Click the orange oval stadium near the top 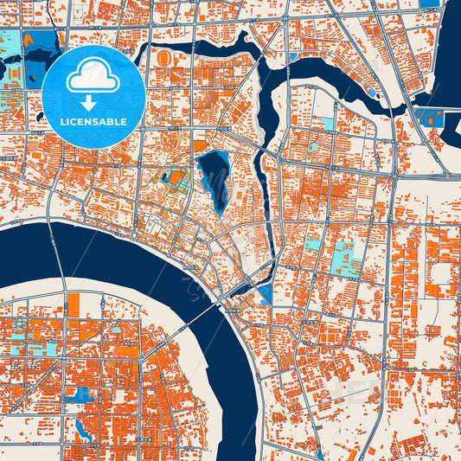(164, 57)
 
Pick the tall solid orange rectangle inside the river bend (73, 304)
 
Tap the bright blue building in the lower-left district (83, 394)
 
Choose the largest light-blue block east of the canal (349, 258)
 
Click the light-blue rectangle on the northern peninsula (326, 123)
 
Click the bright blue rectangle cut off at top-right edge (430, 3)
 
